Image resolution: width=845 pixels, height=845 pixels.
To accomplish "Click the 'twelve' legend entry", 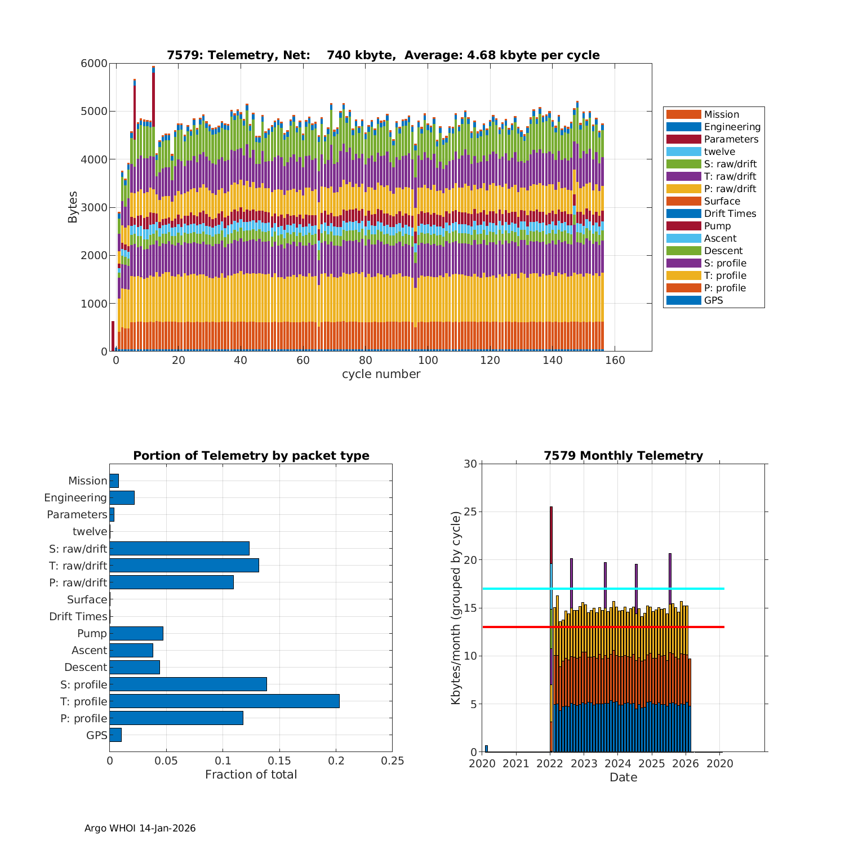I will point(719,152).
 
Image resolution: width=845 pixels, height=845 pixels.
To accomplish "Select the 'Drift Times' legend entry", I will point(730,214).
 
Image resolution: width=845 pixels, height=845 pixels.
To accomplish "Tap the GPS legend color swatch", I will point(683,300).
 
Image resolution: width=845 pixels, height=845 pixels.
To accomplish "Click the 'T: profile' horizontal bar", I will point(224,701).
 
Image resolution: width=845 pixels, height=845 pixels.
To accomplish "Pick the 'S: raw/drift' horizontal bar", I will point(179,548).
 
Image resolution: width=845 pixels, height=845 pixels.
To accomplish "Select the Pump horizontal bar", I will point(136,633).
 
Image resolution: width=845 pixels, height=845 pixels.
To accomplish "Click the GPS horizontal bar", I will point(115,735).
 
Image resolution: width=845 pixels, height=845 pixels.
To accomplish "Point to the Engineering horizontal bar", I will point(122,497).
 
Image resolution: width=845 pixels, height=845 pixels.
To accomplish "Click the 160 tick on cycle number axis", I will point(615,361).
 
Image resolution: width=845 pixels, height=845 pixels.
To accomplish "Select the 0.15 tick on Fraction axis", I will point(279,761).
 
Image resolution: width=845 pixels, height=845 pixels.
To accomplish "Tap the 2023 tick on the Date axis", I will point(584,763).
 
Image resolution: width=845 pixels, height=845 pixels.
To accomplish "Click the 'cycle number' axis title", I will point(381,374).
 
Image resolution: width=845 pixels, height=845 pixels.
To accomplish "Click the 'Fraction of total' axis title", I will point(251,775).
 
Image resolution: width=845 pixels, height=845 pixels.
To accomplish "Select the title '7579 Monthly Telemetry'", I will point(623,455).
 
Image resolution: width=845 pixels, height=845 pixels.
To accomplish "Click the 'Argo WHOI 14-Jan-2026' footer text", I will point(140,828).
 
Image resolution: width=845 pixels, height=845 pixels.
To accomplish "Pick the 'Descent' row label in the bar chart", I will point(86,667).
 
